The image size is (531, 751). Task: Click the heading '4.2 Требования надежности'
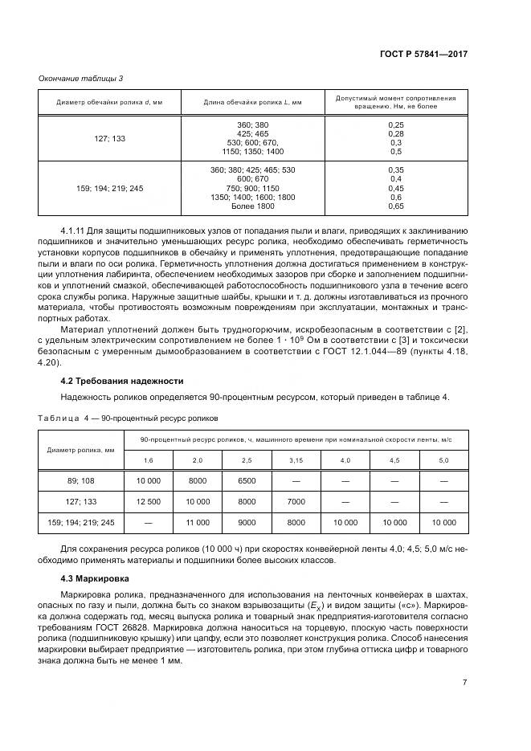pyautogui.click(x=123, y=381)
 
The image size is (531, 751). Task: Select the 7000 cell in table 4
pyautogui.click(x=296, y=502)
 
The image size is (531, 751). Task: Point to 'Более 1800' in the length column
pyautogui.click(x=252, y=206)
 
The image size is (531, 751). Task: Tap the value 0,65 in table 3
pyautogui.click(x=395, y=206)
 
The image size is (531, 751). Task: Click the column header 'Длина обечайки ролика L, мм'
pyautogui.click(x=252, y=103)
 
